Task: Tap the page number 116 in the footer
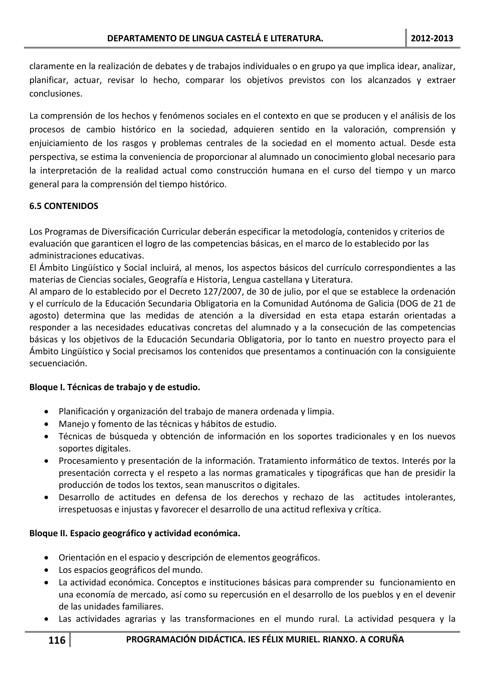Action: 57,640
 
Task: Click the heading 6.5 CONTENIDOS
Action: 64,206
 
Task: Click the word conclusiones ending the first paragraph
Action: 56,94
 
